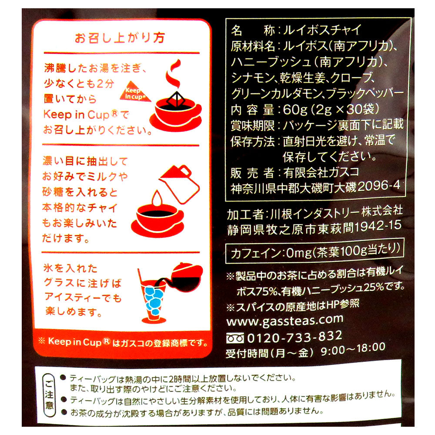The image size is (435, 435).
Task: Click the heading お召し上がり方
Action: pyautogui.click(x=120, y=37)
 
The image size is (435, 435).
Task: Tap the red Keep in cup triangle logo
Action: pyautogui.click(x=135, y=92)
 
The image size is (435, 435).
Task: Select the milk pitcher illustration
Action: pyautogui.click(x=180, y=184)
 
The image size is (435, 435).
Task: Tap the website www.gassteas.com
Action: pyautogui.click(x=285, y=321)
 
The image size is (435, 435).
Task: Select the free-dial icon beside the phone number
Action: pyautogui.click(x=235, y=338)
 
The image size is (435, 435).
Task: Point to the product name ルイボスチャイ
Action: pyautogui.click(x=322, y=30)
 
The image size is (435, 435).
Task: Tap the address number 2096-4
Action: pyautogui.click(x=379, y=186)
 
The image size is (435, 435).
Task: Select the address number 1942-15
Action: pyautogui.click(x=378, y=227)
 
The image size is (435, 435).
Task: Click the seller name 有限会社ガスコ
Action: pyautogui.click(x=321, y=172)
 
